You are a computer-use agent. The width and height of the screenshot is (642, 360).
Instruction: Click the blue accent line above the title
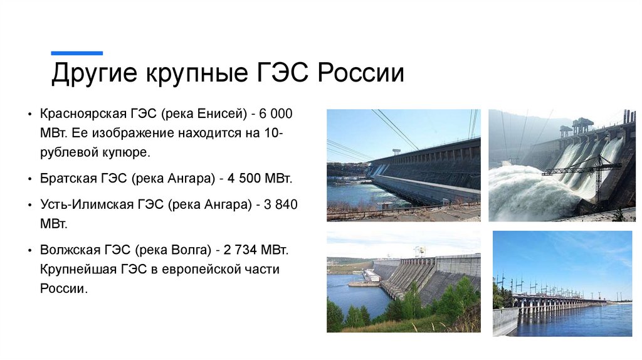pos(76,53)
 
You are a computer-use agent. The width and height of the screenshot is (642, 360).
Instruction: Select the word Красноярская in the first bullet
pos(82,115)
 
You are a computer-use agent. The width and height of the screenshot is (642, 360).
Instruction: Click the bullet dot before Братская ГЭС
pos(30,179)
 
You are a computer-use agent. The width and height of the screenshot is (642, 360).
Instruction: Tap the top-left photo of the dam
pos(403,165)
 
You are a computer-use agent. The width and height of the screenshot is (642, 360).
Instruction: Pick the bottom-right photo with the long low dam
pos(562,283)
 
